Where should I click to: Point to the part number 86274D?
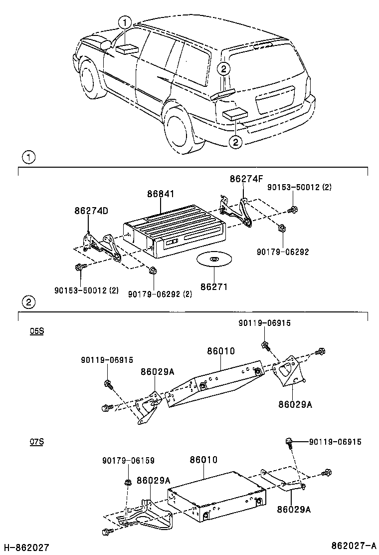coord(91,211)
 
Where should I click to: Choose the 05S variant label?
coord(37,331)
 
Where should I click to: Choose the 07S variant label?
coord(37,442)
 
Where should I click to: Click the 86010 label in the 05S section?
coord(221,351)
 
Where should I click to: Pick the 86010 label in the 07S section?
coord(203,460)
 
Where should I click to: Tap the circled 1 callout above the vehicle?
coord(125,21)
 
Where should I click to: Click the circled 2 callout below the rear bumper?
coord(235,142)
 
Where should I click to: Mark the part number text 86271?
coord(214,287)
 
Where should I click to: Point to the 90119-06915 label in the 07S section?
coord(335,442)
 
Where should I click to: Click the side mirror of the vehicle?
coord(106,45)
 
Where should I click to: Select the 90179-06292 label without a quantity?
coord(284,252)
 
